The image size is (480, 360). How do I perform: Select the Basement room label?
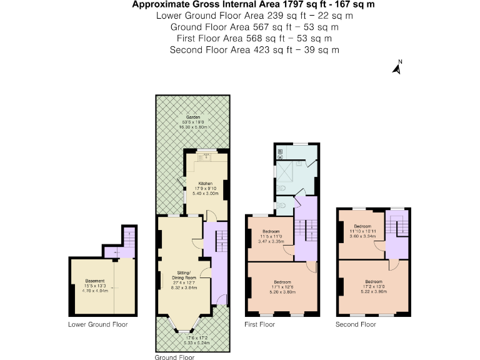pos(96,281)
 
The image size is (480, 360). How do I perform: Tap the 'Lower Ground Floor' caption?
pos(97,324)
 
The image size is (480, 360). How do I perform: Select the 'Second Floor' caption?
pos(356,324)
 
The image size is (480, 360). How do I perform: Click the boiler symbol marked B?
pos(281,151)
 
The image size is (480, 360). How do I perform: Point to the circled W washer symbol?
pos(281,157)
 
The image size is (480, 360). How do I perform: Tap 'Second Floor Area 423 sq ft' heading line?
pos(254,49)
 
